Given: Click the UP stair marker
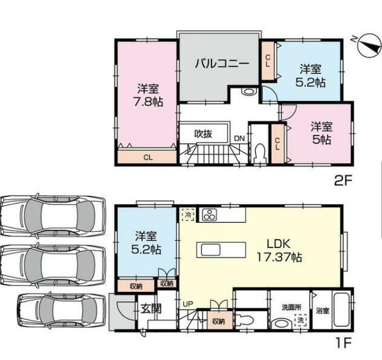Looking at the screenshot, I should tap(187, 304).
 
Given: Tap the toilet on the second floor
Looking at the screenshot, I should tap(259, 152).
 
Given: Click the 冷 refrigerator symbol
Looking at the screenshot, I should tap(187, 214).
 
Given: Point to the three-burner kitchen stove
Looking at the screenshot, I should tap(209, 215).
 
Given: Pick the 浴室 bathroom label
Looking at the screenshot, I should tap(322, 310).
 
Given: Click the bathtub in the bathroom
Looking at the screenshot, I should tap(341, 312).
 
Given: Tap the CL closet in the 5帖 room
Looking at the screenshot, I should tap(277, 144).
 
